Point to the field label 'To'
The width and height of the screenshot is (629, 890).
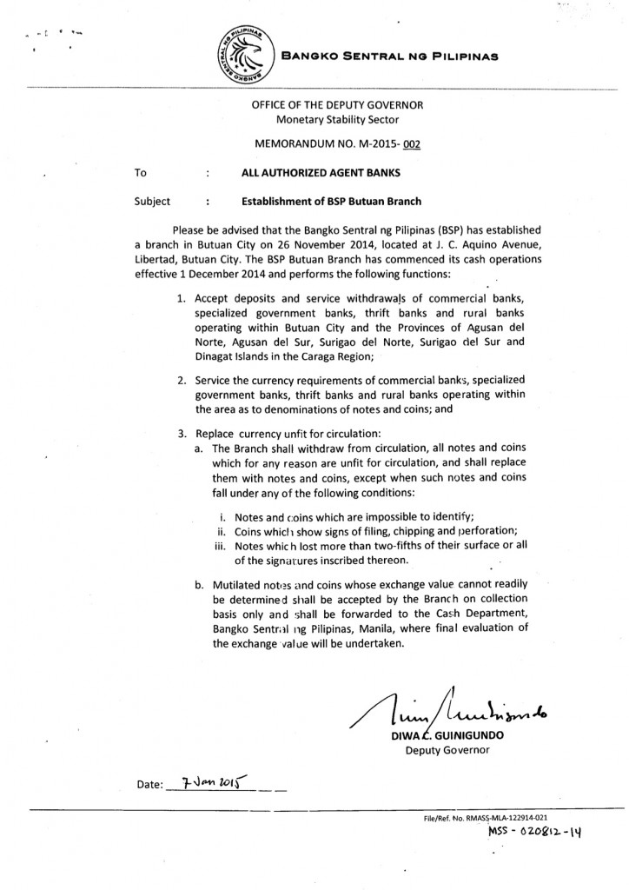[x=140, y=173]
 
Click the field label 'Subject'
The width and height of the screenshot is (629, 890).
[x=153, y=202]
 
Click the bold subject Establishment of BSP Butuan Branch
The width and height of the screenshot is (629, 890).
[x=331, y=202]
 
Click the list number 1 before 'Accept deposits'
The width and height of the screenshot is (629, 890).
[x=182, y=300]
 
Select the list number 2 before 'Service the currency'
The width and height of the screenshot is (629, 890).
[x=182, y=381]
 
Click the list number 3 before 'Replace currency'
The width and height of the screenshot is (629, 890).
[x=182, y=433]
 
